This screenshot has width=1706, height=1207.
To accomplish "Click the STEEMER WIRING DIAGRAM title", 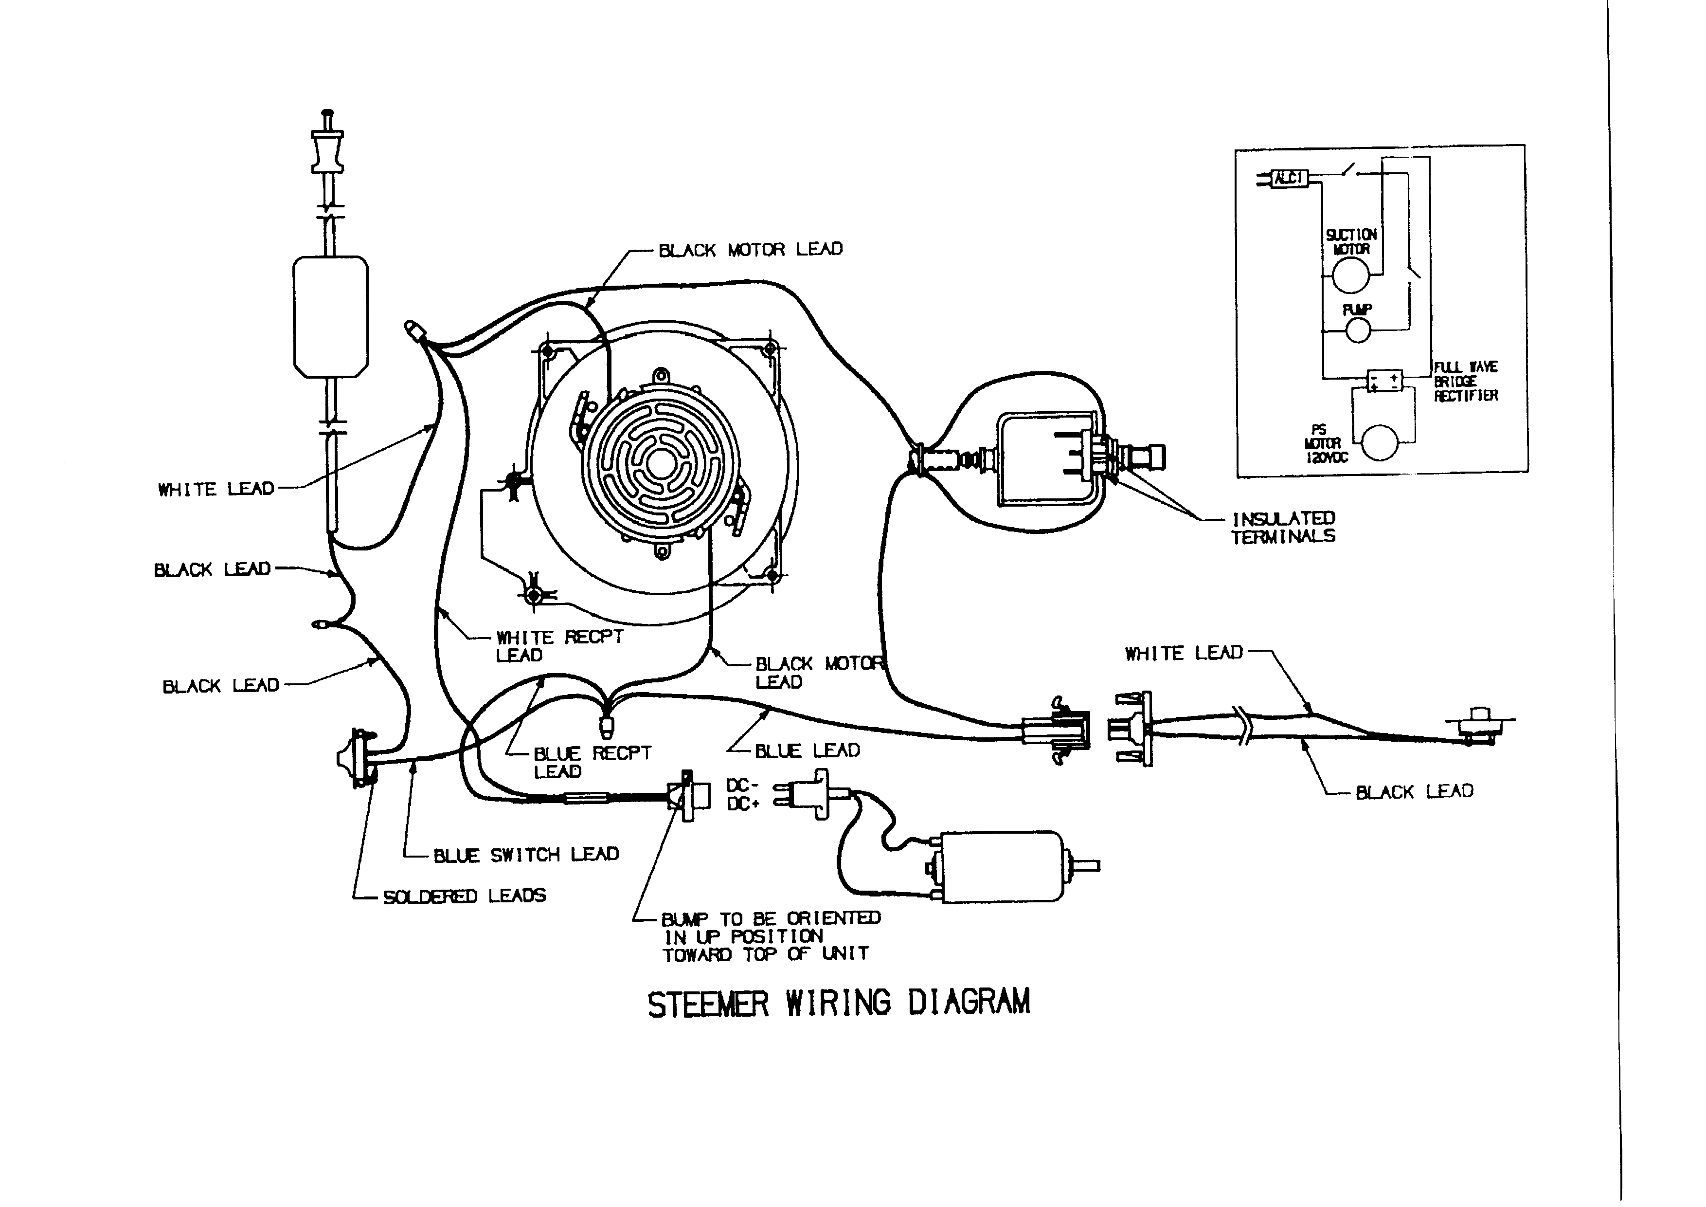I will coord(838,1004).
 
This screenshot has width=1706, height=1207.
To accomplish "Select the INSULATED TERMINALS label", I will coord(1283,527).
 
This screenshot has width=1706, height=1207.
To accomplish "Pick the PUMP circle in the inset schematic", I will coord(1358,330).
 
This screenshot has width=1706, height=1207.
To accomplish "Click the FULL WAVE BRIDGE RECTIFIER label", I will coord(1465,381).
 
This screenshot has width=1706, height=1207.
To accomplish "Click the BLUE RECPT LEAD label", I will coord(592,762).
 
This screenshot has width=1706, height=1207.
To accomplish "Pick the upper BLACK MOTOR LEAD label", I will coord(751,250).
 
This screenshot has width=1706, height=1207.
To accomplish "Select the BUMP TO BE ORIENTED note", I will coord(771,936).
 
